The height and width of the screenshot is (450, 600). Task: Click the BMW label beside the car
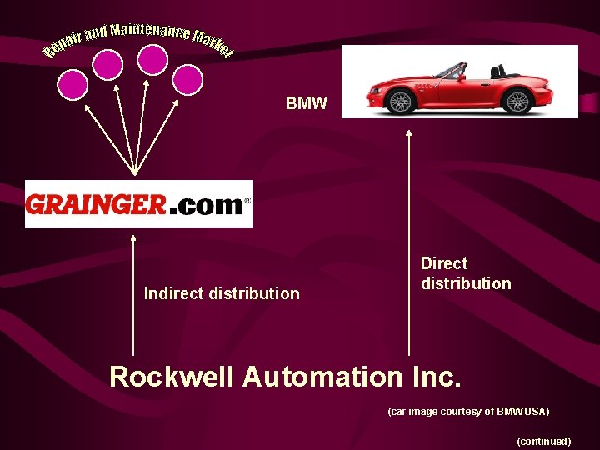[x=307, y=104]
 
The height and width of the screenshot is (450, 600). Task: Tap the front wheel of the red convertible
[x=401, y=102]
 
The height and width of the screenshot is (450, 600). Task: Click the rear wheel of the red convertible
[x=517, y=102]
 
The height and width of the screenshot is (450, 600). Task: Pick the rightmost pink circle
[x=188, y=79]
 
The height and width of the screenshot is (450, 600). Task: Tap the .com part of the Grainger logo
[x=205, y=205]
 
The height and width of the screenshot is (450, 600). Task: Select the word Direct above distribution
[x=444, y=263]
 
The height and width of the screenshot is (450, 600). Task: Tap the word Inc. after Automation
[x=436, y=377]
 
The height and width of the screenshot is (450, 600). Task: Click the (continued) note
[x=543, y=441]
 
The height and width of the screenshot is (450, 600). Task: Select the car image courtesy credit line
[x=468, y=412]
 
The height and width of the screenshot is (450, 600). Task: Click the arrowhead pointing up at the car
[x=408, y=132]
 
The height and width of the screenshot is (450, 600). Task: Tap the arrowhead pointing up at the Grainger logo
[x=133, y=237]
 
